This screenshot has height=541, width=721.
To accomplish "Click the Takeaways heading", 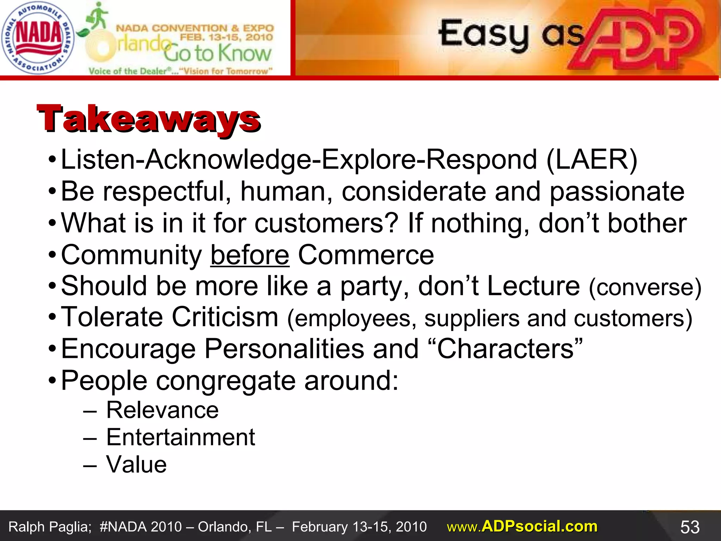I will [149, 119].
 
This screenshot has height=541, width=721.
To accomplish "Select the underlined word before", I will [250, 255].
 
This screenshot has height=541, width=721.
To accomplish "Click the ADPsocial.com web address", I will [522, 527].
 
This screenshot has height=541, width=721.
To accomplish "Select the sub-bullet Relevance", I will [162, 410].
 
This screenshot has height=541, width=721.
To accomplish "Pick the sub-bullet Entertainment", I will [181, 437].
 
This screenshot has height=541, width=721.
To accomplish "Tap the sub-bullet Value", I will [136, 465].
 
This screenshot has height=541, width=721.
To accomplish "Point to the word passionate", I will [617, 192].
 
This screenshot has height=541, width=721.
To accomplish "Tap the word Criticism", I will [225, 317].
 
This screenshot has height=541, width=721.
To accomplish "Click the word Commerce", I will [366, 255].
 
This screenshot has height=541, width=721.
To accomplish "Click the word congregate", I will [226, 381].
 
